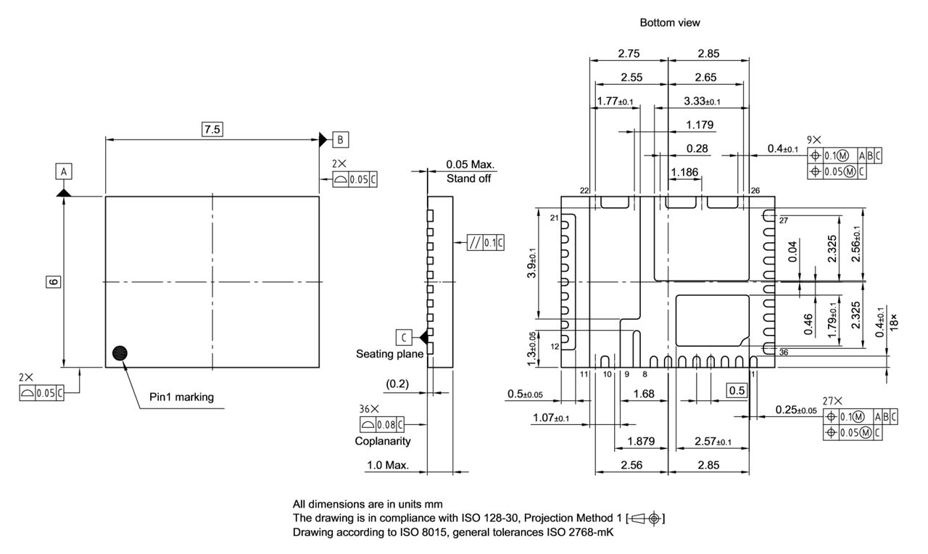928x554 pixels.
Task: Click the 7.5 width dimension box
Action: [212, 129]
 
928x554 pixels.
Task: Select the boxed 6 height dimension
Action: [53, 282]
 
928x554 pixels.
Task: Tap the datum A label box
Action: [64, 171]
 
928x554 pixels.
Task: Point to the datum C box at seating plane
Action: [404, 336]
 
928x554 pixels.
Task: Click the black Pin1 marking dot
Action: [120, 353]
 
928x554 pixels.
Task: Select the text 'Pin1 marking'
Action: [181, 397]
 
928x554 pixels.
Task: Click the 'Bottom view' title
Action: [669, 22]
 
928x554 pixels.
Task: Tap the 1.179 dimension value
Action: [700, 125]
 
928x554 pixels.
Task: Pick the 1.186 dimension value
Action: [685, 172]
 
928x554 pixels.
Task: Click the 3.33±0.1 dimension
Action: [703, 101]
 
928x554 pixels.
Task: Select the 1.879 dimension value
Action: [641, 441]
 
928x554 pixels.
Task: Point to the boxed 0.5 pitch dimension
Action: [737, 391]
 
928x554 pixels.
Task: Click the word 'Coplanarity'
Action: [382, 441]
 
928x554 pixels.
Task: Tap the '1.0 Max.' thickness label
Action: [387, 465]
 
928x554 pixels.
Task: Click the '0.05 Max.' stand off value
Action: [470, 165]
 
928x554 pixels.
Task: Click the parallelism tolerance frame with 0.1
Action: [486, 243]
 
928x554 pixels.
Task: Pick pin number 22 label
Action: [584, 190]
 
